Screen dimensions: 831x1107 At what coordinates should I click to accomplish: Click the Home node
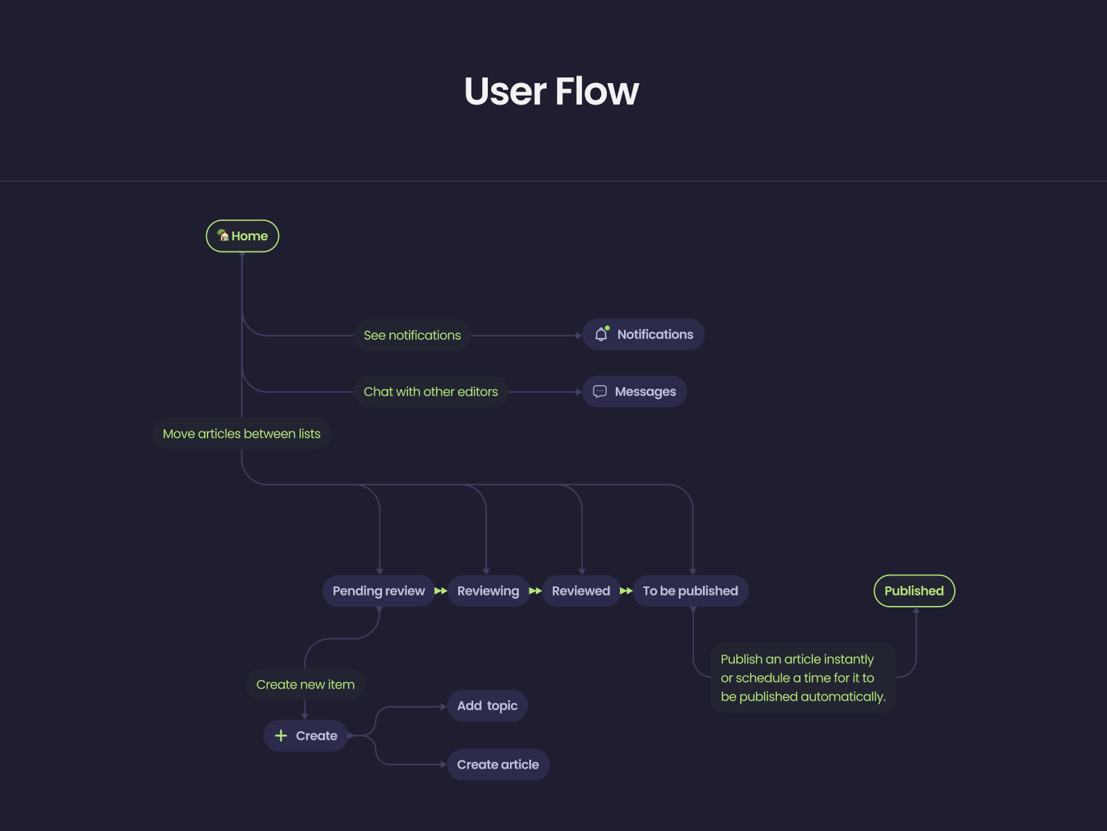243,236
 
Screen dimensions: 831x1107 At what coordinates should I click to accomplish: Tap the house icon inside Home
223,235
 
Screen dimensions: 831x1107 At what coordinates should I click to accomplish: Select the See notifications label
412,335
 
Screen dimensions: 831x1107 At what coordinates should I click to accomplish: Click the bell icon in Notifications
601,334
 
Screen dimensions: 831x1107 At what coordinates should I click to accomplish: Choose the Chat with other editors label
430,392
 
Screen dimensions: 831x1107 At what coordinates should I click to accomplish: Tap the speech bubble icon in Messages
600,391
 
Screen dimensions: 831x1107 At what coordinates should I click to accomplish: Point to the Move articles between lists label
241,434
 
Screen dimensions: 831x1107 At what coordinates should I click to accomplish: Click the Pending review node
378,591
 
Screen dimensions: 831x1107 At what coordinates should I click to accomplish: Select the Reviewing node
488,591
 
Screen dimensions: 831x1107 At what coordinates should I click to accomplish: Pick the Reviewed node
580,591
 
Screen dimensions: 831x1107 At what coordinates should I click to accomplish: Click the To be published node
690,591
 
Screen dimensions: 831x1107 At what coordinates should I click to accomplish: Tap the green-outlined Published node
914,591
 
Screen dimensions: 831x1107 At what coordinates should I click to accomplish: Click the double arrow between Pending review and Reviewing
441,591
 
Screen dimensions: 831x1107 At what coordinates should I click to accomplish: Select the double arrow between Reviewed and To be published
626,591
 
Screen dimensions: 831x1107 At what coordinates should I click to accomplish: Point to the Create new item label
305,684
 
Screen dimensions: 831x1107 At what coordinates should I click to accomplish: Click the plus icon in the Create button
281,735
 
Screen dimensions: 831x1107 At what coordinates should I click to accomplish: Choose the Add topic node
487,706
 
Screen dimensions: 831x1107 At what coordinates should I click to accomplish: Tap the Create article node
497,765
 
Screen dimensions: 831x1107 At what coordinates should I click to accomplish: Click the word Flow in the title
596,91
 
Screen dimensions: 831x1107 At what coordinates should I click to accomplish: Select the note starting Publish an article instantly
803,678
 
